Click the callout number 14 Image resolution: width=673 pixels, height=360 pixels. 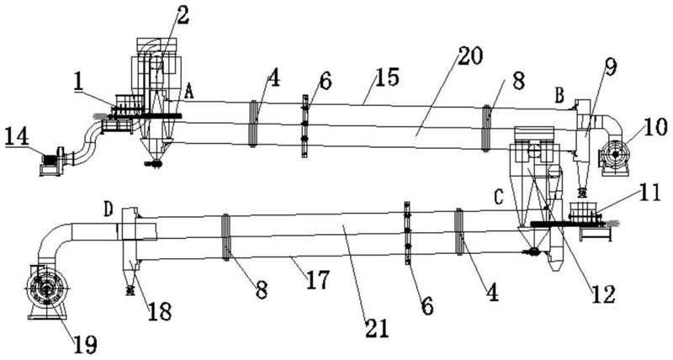tap(17, 137)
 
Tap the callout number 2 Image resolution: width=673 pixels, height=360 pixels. tap(183, 15)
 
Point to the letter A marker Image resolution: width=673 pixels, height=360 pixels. tap(188, 93)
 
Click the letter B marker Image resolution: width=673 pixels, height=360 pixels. tap(559, 96)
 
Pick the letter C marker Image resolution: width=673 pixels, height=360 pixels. tap(498, 198)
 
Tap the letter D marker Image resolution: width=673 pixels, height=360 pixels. tap(108, 209)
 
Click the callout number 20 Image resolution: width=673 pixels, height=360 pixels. tap(470, 56)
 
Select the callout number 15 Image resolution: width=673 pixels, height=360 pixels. tap(388, 77)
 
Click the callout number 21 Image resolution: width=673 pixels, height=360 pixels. tap(377, 328)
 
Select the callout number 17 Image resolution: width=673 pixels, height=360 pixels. tap(318, 279)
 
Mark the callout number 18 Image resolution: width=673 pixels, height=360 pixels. tap(159, 311)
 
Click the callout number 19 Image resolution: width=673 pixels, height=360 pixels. tap(85, 344)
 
